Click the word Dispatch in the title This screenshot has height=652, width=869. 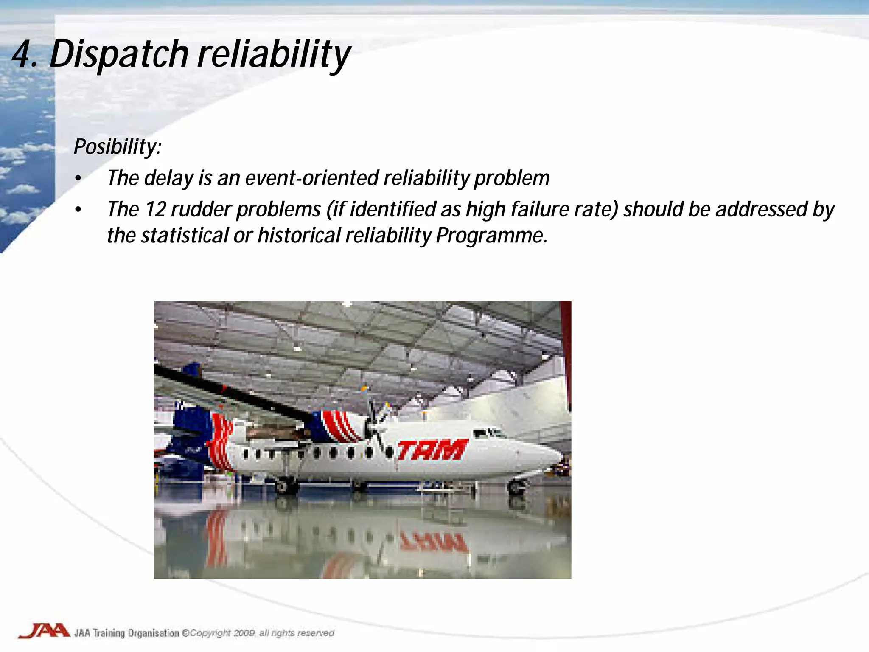click(x=119, y=54)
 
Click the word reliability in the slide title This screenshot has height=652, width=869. click(x=274, y=54)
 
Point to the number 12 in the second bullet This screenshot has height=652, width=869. click(x=155, y=209)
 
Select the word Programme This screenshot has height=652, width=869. click(x=491, y=236)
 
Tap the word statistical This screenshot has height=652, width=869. click(x=185, y=236)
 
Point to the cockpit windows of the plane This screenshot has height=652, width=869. click(x=488, y=433)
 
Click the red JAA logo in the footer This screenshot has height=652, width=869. click(x=44, y=631)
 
